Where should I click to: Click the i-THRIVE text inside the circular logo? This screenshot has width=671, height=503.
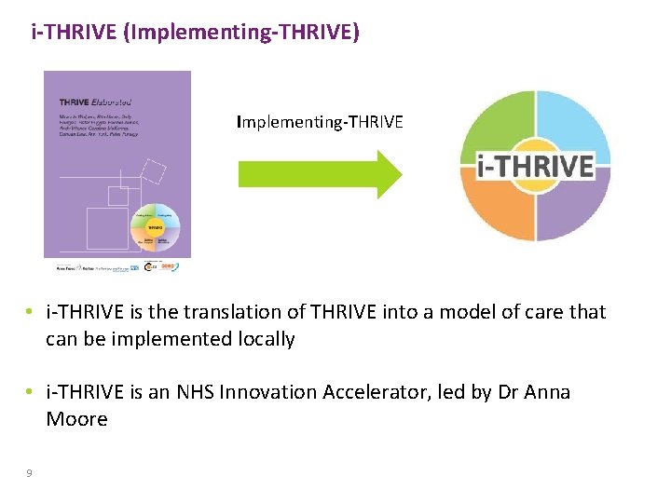[x=535, y=166]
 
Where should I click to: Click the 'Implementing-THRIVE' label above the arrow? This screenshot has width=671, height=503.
[x=320, y=121]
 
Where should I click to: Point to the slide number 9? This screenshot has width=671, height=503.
[x=29, y=473]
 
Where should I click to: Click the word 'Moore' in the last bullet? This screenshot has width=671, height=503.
[x=76, y=419]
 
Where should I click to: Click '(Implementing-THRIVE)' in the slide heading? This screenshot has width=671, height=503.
[x=239, y=34]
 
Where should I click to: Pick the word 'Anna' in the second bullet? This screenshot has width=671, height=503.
[x=545, y=392]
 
